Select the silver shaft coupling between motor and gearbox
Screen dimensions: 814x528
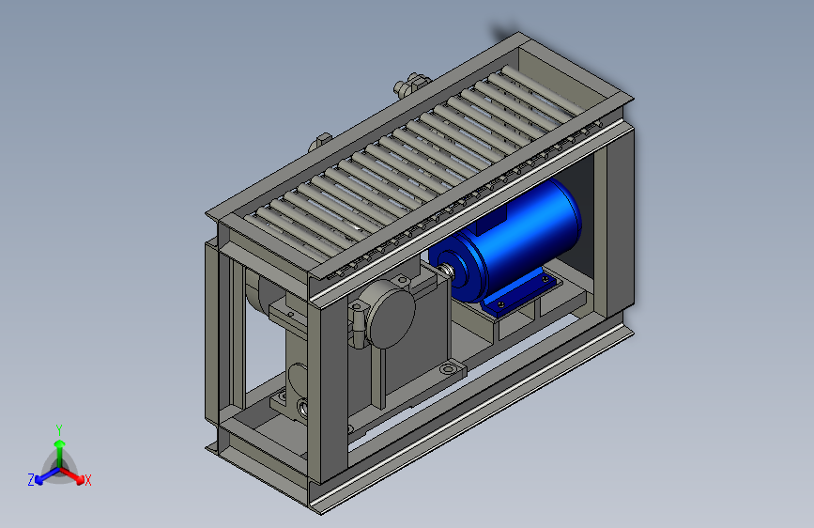coord(445,272)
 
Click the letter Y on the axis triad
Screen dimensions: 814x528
coord(59,430)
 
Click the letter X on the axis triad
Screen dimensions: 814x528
coord(87,480)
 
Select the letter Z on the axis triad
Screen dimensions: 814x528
coord(31,480)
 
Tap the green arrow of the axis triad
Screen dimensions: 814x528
coord(60,453)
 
